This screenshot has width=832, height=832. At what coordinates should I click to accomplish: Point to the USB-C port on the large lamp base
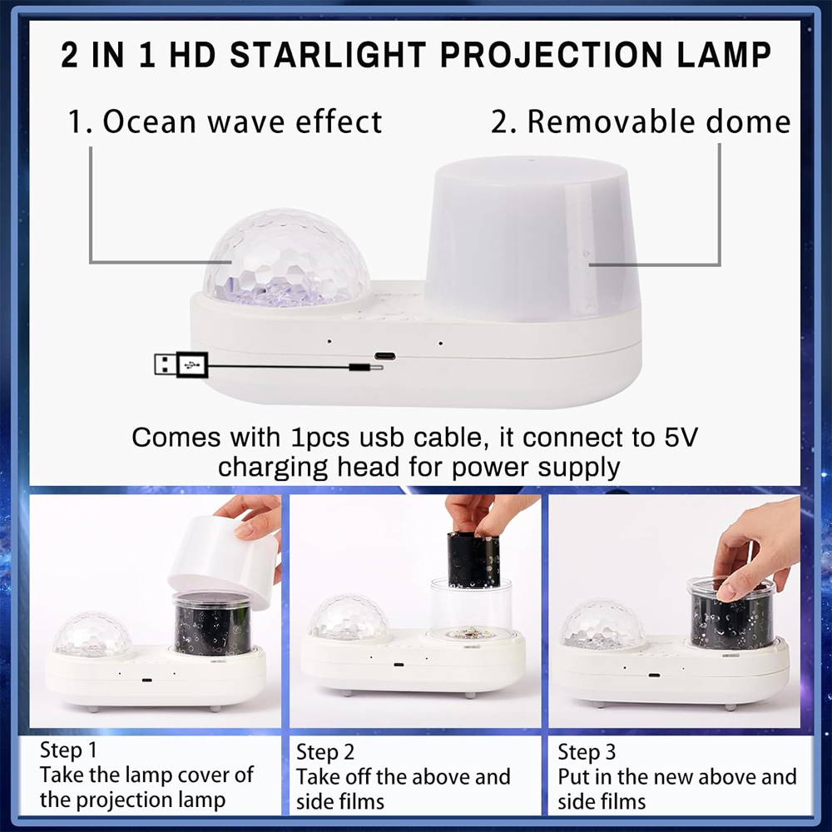pyautogui.click(x=384, y=355)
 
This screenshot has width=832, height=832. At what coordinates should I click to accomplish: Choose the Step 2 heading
pyautogui.click(x=325, y=751)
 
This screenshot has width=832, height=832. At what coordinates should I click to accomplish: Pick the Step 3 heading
pyautogui.click(x=587, y=752)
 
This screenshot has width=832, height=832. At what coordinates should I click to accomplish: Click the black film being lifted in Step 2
pyautogui.click(x=473, y=560)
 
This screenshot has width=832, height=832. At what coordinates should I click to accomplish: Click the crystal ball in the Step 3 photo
pyautogui.click(x=602, y=624)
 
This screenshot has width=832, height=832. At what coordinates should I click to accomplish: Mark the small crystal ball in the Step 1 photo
pyautogui.click(x=92, y=634)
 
